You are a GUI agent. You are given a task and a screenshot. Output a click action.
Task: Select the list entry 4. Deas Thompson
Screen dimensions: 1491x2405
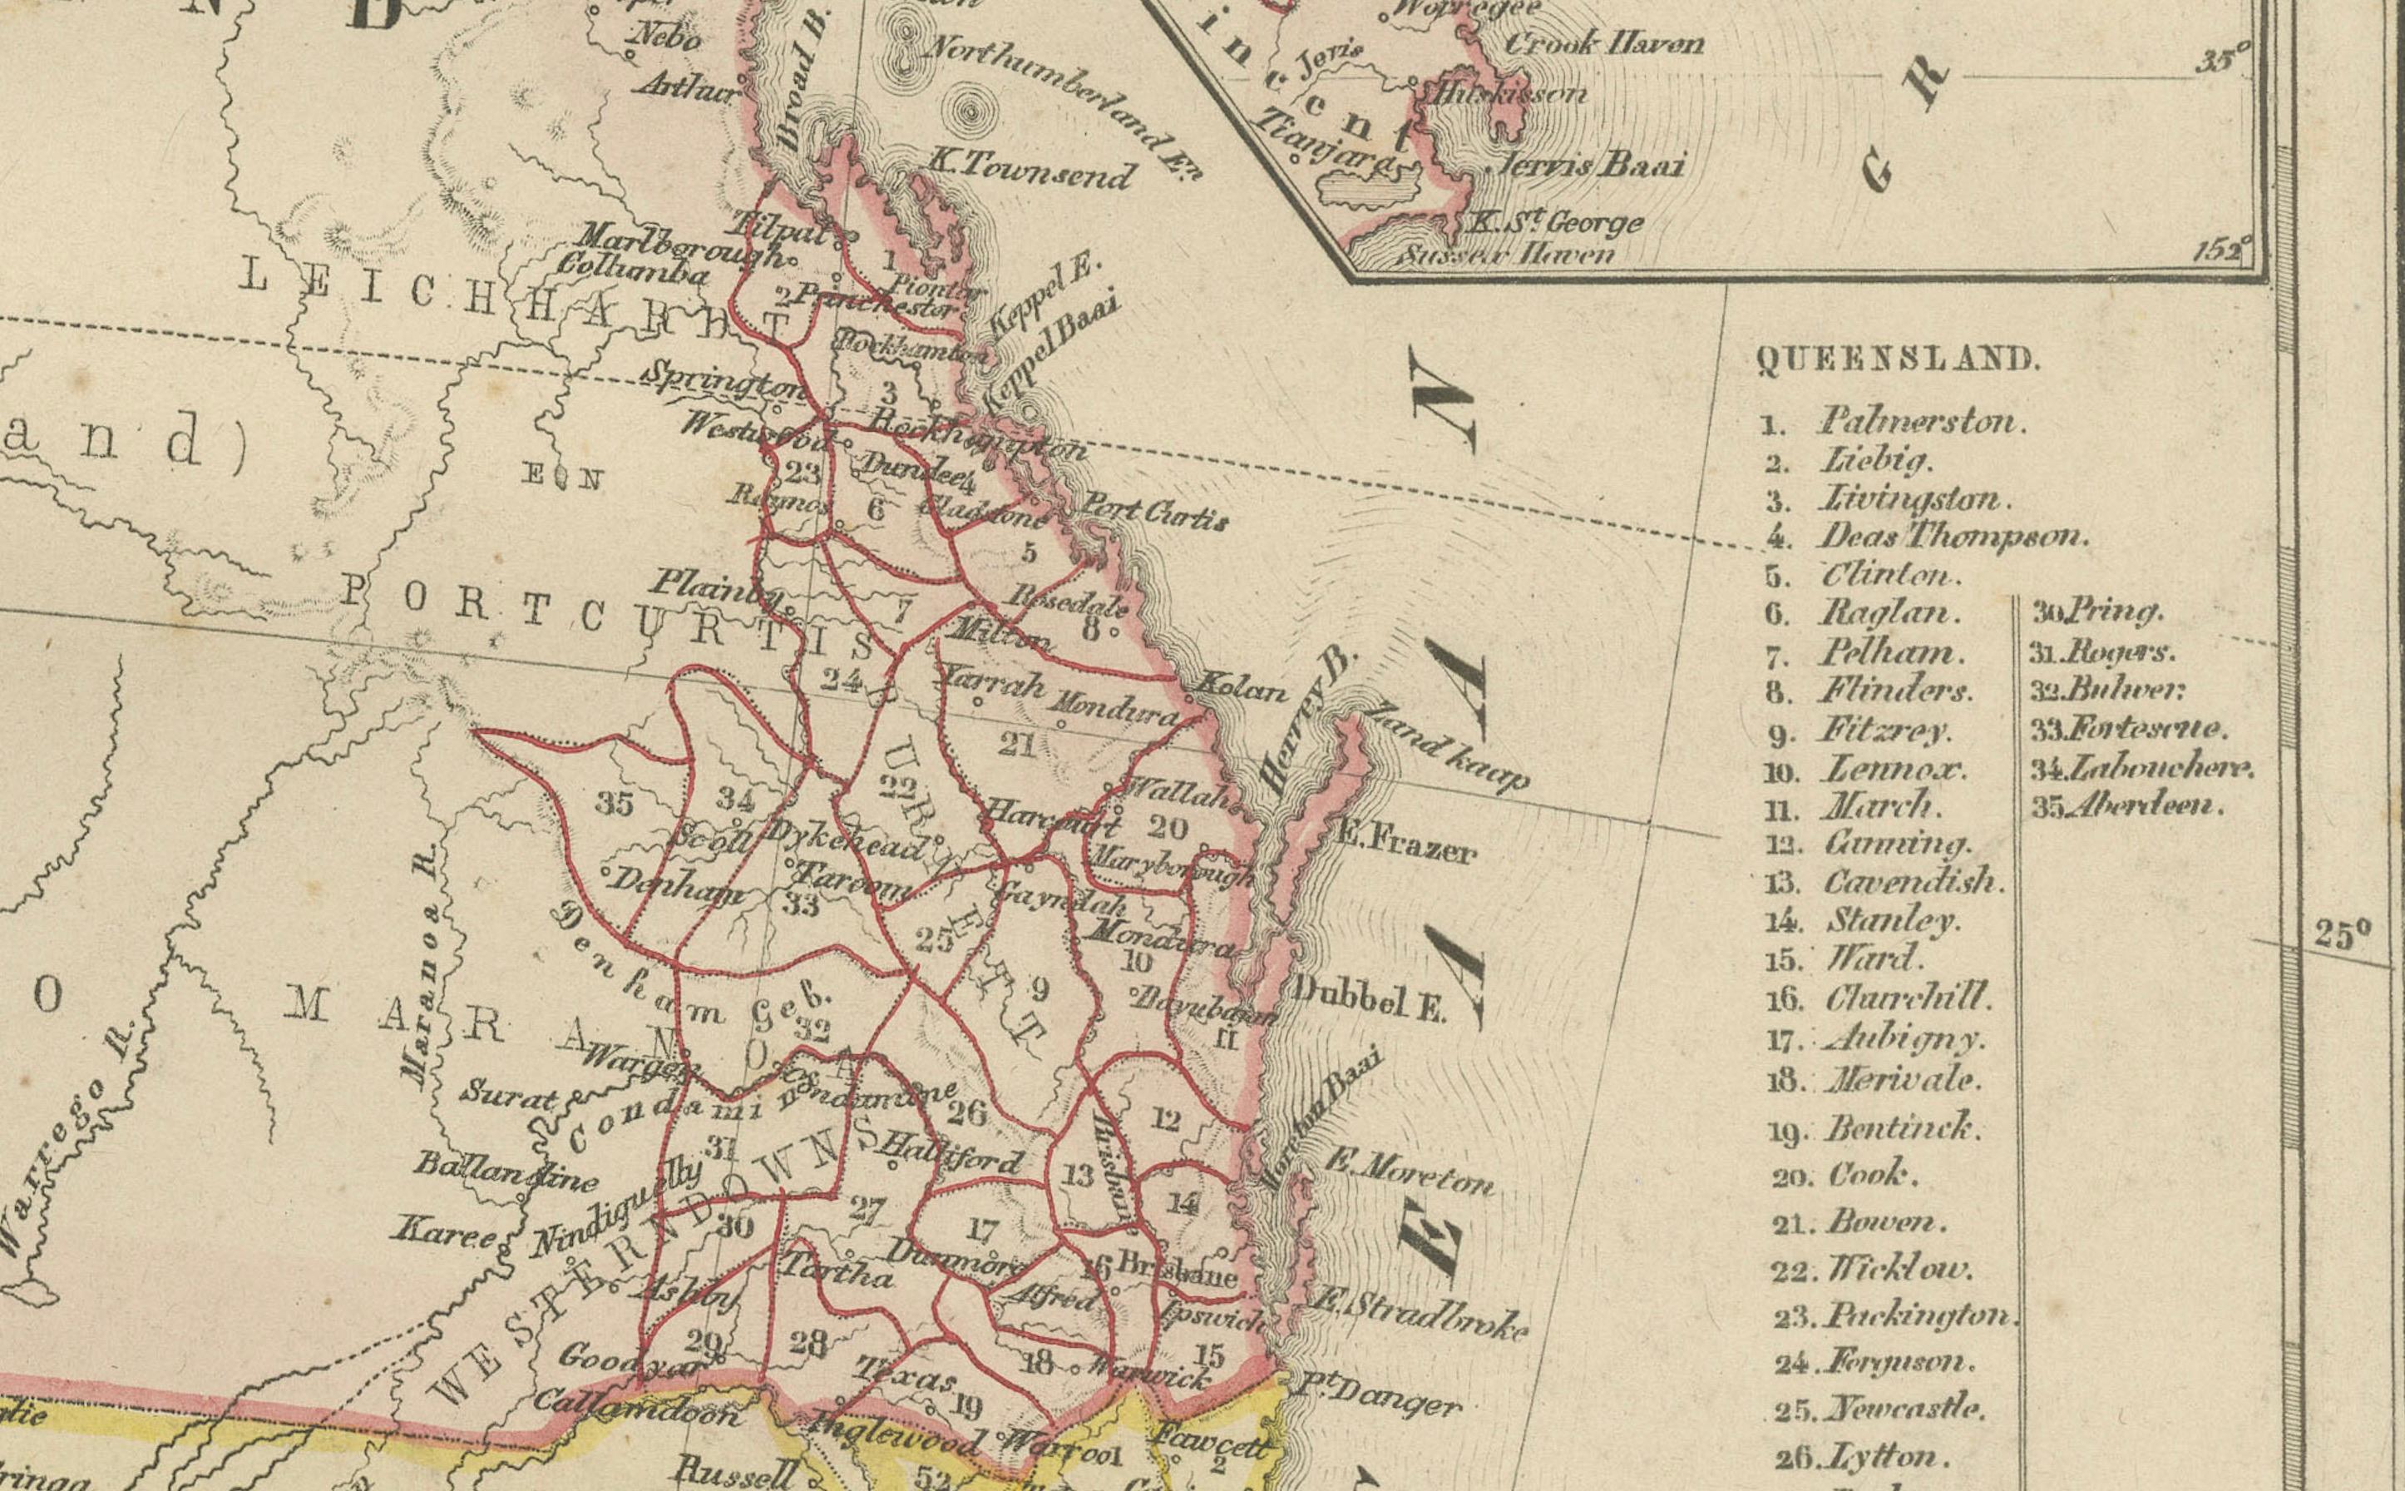(x=1927, y=537)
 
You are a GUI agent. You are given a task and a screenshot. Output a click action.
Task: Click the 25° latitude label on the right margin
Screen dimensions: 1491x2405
(x=2342, y=934)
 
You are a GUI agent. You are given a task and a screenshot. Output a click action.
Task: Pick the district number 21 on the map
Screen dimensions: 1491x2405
(x=1015, y=745)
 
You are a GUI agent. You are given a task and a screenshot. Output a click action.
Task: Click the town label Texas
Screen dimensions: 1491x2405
(x=904, y=1374)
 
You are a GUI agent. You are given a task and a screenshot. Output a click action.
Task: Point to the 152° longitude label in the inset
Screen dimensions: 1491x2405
(x=2222, y=249)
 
